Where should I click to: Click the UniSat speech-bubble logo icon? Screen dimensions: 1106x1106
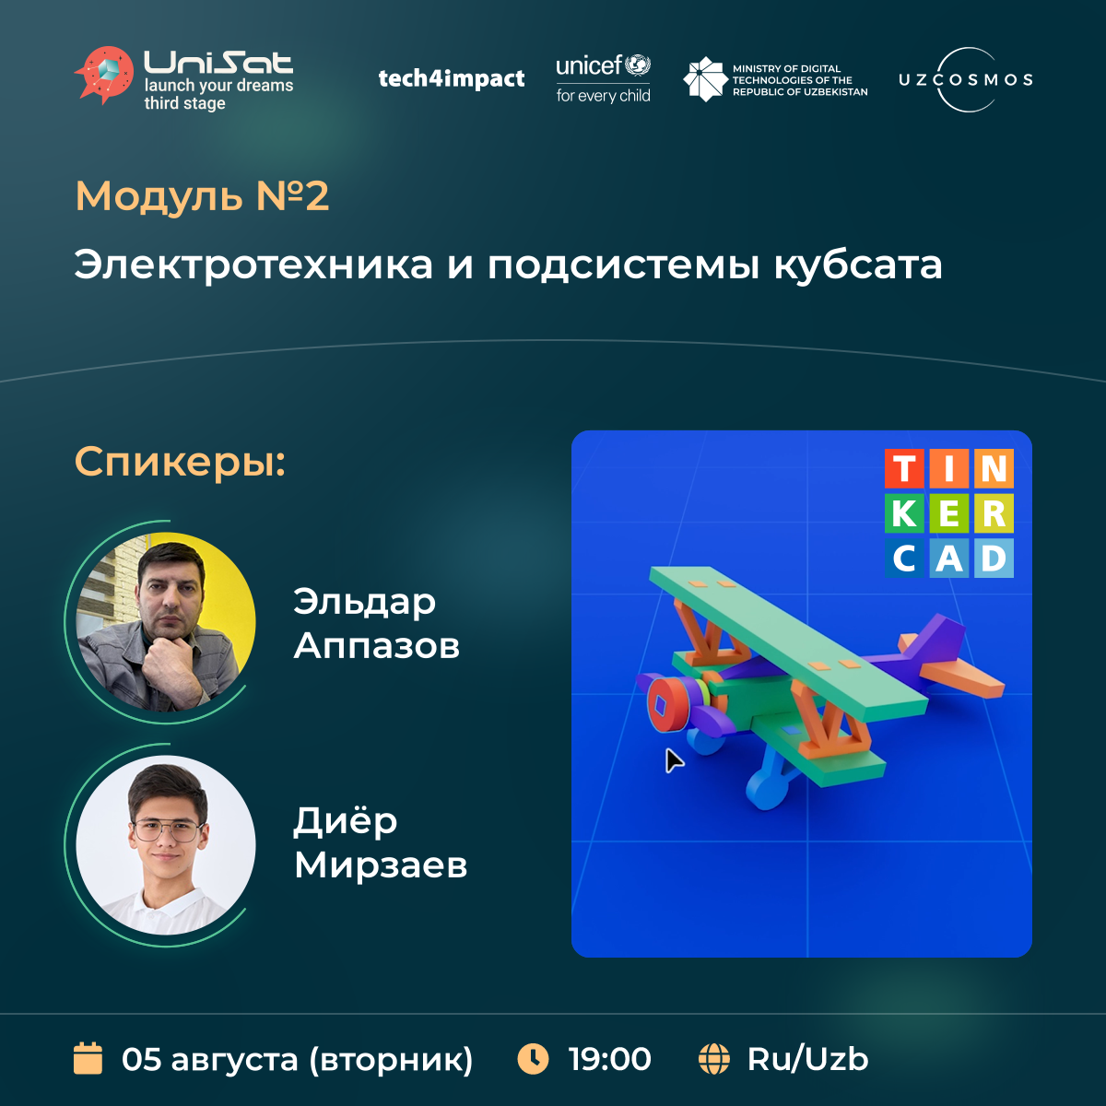[104, 76]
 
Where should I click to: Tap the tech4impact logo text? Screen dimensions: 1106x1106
[451, 78]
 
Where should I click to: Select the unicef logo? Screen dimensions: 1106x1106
[603, 78]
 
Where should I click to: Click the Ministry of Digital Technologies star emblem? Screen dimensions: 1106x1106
[705, 79]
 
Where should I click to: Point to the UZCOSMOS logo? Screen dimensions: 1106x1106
[966, 79]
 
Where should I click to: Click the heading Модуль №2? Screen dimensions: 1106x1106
[202, 196]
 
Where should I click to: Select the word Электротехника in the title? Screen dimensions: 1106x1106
[253, 265]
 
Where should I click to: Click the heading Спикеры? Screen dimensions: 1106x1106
[181, 462]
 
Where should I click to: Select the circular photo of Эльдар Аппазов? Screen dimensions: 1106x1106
[166, 622]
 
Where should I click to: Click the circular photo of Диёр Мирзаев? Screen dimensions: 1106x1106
[166, 845]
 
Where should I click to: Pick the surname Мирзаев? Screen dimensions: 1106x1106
[381, 865]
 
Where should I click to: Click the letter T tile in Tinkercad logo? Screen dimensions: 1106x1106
[904, 468]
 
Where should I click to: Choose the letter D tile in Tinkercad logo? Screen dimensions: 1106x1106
[994, 558]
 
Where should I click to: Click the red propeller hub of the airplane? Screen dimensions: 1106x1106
[667, 705]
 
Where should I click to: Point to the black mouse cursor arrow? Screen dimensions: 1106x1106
[673, 760]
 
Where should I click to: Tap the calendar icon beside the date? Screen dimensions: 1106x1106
[88, 1058]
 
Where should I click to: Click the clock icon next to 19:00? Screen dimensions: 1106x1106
[534, 1059]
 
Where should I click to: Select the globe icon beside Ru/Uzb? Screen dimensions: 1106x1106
[714, 1059]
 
